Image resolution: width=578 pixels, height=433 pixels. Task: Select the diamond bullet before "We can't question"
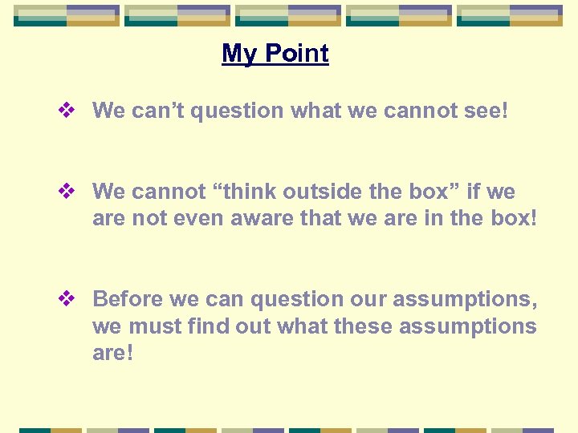(68, 111)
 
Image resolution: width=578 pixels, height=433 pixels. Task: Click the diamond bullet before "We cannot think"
(68, 192)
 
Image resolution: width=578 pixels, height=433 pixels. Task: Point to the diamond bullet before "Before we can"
(68, 299)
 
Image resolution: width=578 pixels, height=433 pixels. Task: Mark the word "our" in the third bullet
(372, 299)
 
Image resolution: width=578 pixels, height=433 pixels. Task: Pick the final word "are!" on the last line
(112, 354)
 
